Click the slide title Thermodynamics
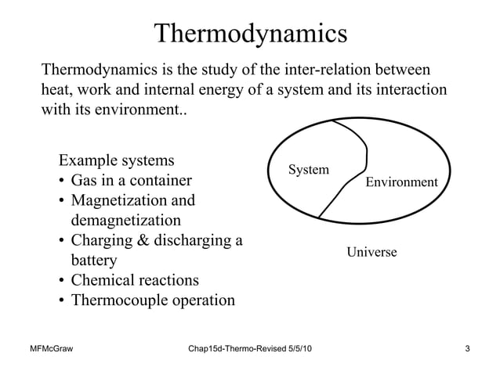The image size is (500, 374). pyautogui.click(x=250, y=34)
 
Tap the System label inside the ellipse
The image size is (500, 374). pyautogui.click(x=309, y=170)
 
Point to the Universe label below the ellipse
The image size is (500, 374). pyautogui.click(x=372, y=252)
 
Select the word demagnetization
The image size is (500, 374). pyautogui.click(x=126, y=221)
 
